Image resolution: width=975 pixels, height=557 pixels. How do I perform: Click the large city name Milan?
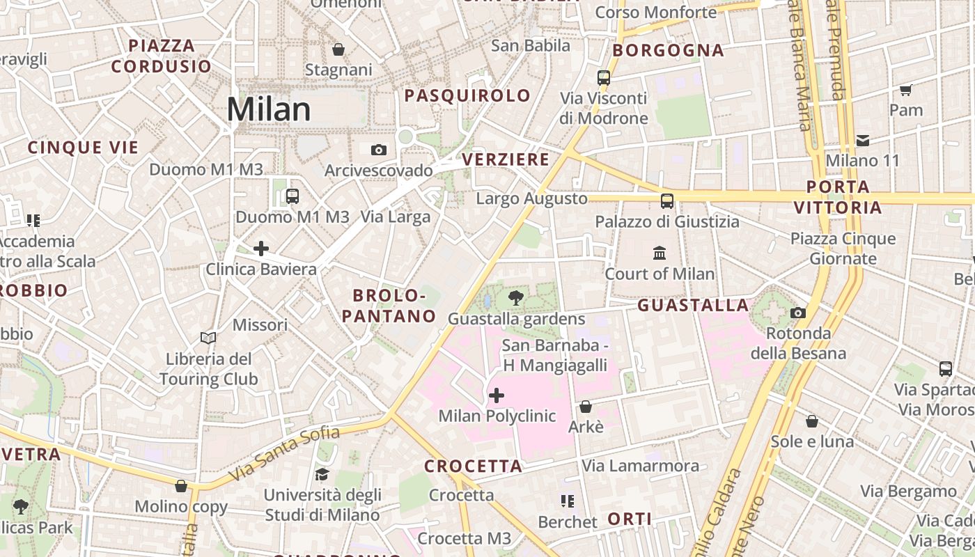269,109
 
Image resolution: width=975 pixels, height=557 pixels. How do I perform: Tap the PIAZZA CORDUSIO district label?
162,56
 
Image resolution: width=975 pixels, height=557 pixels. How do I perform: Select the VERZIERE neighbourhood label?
506,159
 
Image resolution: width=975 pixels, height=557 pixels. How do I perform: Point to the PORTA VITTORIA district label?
838,197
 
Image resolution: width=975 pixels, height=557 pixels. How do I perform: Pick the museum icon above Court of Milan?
660,253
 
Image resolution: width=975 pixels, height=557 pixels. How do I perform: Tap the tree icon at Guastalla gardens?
516,299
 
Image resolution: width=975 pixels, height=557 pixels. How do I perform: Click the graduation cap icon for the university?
322,475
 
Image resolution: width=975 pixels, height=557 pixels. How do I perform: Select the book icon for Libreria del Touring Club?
208,338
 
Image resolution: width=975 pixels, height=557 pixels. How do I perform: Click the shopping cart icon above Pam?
906,90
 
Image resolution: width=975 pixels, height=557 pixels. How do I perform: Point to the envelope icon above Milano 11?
863,141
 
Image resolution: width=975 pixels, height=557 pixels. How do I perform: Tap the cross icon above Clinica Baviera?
261,249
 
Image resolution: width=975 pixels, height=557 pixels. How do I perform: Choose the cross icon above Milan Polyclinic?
497,396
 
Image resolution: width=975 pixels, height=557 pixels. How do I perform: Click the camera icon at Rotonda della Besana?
798,313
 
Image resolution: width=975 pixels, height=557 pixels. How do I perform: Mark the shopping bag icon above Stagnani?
338,49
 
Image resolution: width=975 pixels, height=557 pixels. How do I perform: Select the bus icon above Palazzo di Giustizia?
667,201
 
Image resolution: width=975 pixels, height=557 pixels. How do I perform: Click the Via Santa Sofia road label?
284,453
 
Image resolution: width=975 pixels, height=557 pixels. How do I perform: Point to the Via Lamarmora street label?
641,466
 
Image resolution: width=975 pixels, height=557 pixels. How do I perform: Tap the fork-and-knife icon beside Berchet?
568,501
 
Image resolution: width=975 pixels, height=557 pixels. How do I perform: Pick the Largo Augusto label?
532,199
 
